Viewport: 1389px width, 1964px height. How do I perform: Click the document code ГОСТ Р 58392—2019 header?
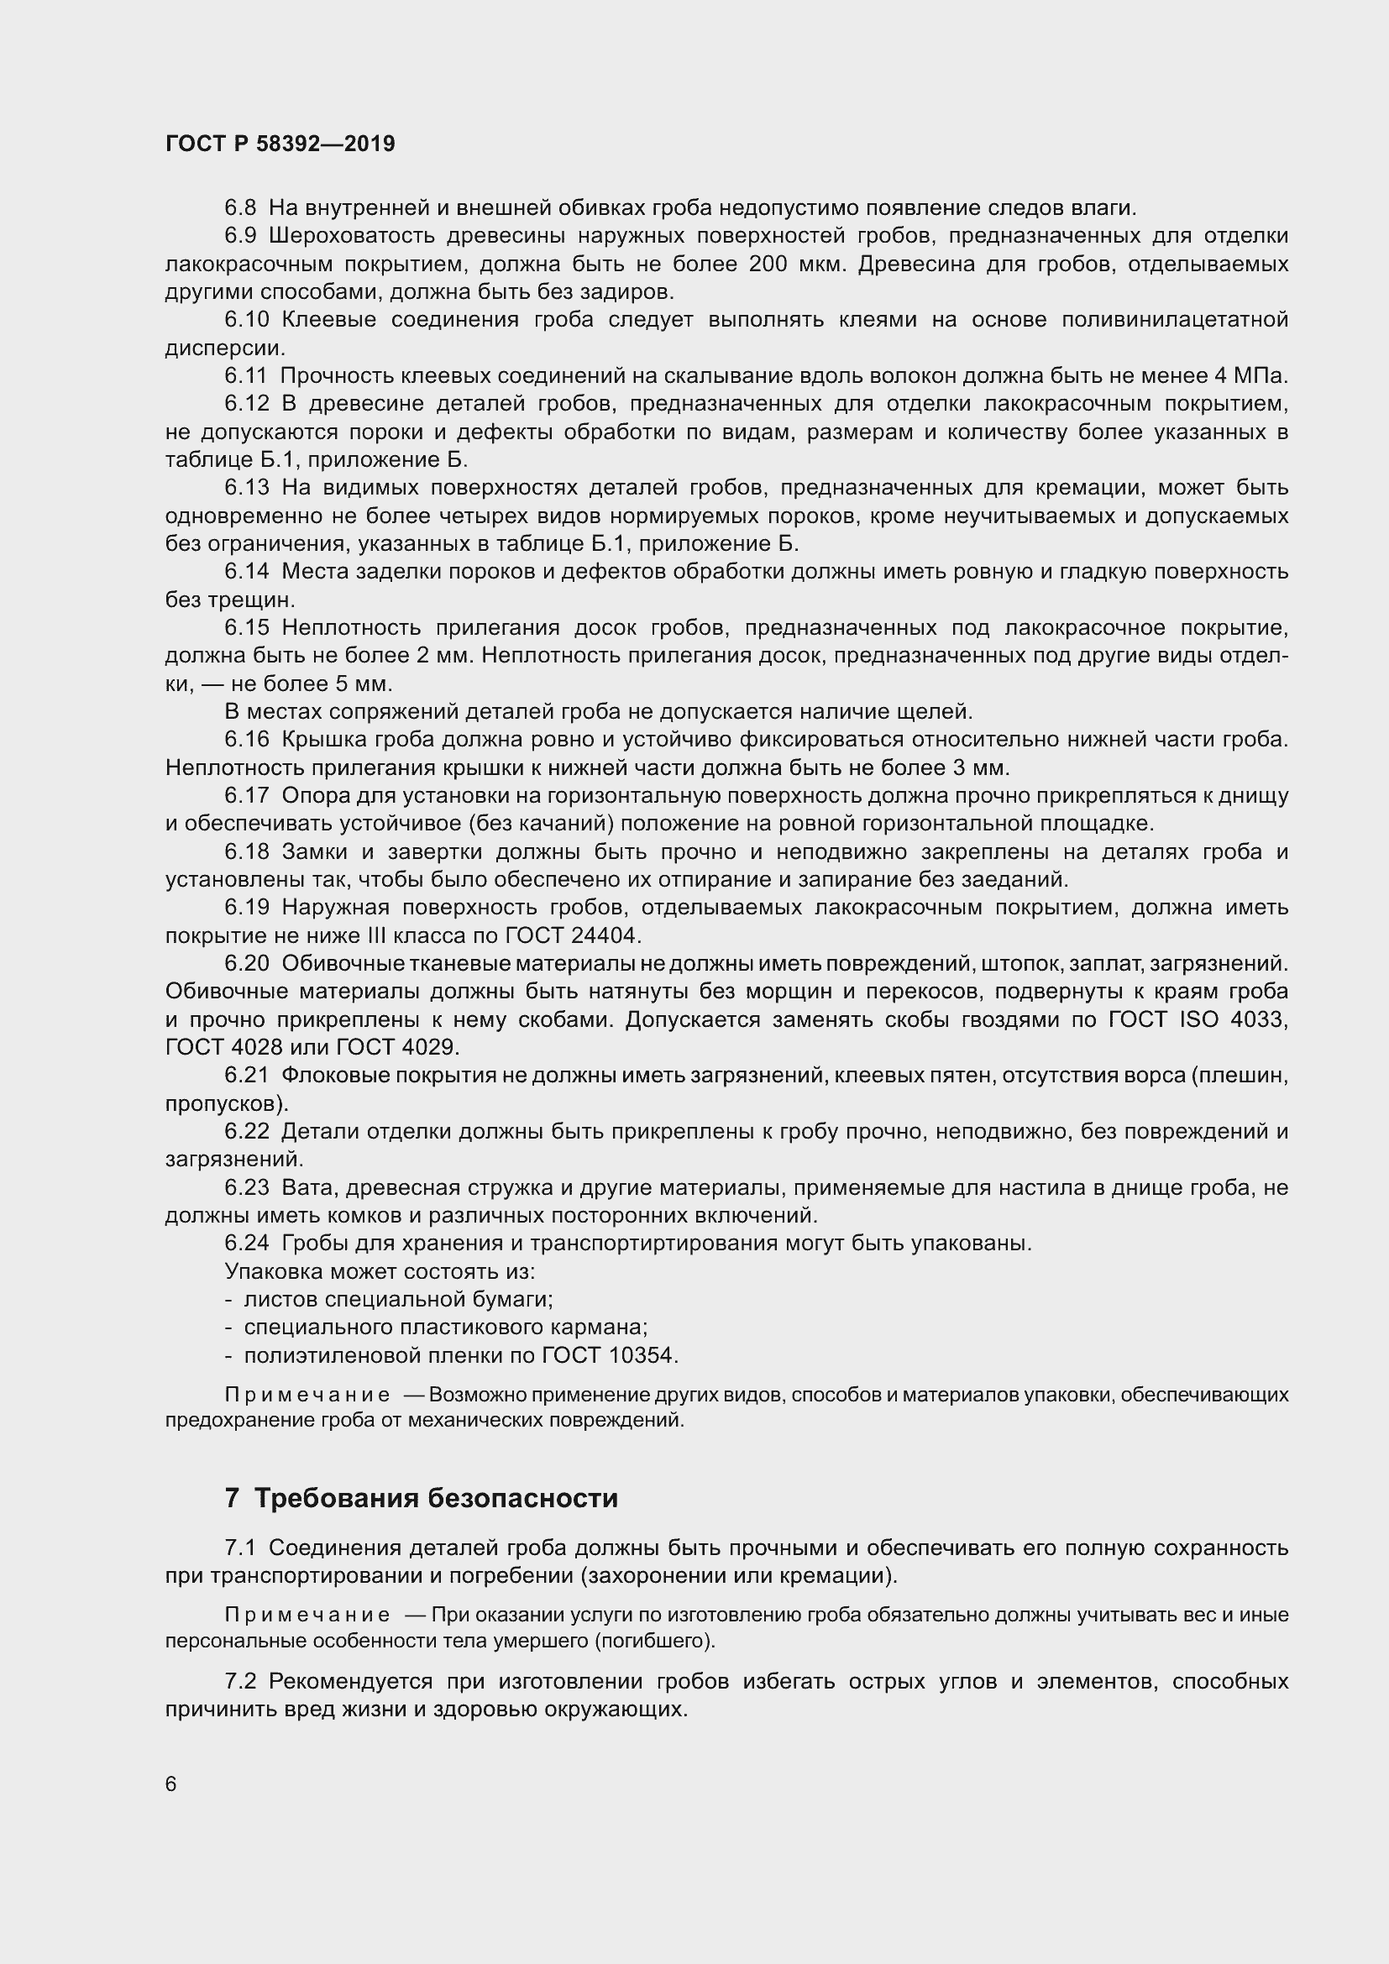(280, 144)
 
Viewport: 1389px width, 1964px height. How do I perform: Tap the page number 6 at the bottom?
(171, 1783)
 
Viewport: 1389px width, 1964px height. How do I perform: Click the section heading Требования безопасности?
(435, 1498)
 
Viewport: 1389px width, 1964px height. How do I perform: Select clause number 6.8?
(240, 208)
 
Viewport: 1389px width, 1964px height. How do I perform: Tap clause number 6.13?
(246, 488)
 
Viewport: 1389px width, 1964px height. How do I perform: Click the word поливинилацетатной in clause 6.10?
(1174, 320)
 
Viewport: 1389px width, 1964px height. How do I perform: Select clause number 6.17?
(246, 795)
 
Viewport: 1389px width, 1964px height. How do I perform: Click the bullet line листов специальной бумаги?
(398, 1299)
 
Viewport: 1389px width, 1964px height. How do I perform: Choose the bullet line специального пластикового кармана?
(445, 1328)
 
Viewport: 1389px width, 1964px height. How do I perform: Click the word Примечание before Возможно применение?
(307, 1396)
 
